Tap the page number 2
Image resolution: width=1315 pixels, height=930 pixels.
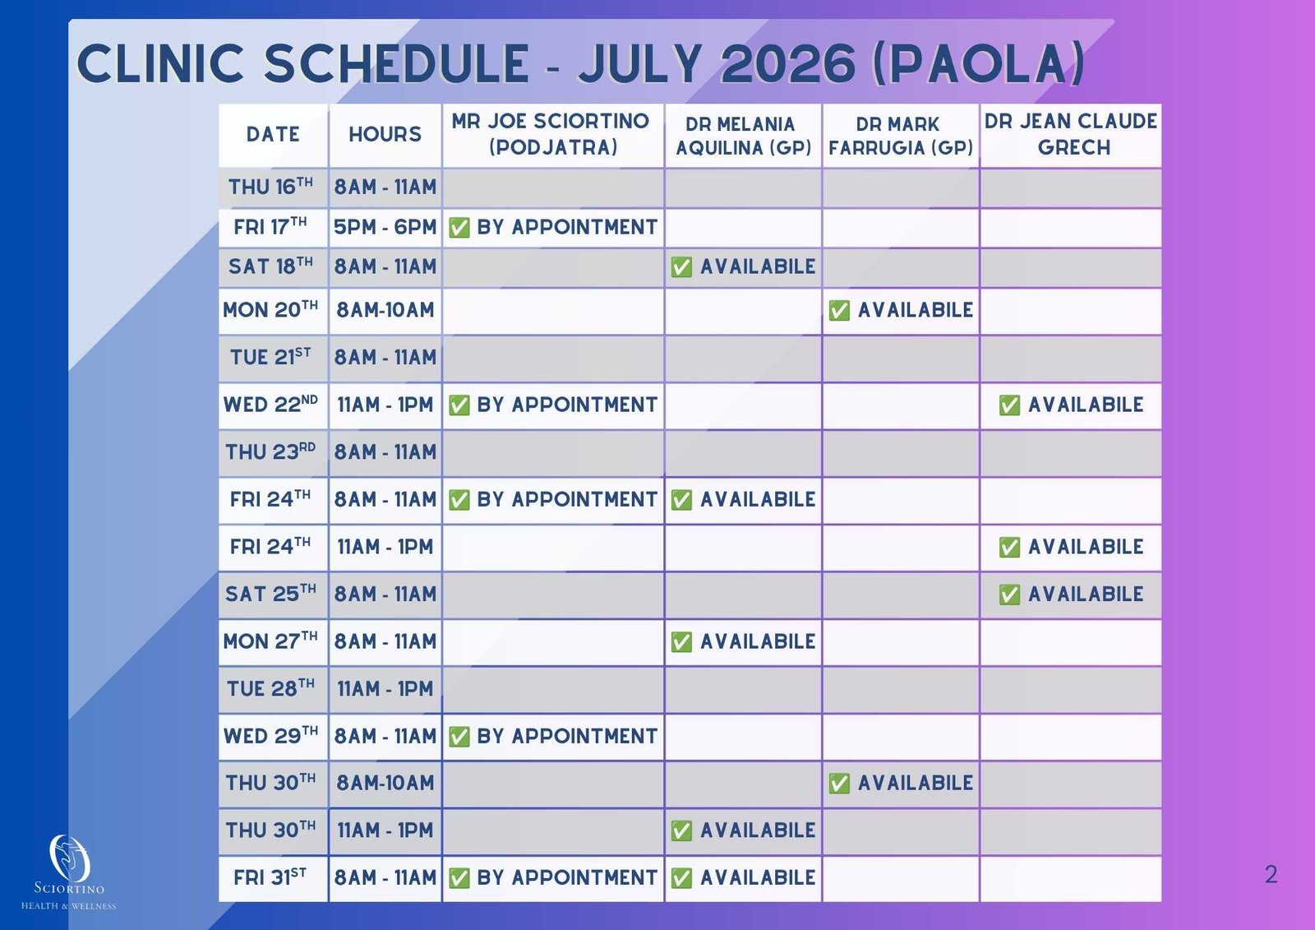[1271, 874]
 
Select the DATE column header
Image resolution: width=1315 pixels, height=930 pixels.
[273, 135]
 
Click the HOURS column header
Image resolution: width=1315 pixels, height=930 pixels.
[385, 135]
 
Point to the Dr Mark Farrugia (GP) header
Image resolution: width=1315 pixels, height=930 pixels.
[901, 136]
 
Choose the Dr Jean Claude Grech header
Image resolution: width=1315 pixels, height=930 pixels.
[1071, 135]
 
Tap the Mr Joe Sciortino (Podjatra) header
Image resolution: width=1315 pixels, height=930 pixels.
[553, 135]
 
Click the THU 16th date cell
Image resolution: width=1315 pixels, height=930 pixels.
[273, 188]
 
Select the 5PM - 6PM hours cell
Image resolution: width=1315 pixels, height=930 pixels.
[385, 227]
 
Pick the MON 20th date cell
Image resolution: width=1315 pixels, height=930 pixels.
[273, 311]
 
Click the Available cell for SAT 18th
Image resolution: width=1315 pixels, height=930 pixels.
[743, 267]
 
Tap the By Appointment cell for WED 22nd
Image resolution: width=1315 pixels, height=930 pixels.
[553, 405]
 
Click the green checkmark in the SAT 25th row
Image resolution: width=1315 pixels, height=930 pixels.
[1009, 595]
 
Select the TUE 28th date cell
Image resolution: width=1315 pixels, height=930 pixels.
[273, 689]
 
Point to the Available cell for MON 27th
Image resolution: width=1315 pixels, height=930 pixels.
[743, 641]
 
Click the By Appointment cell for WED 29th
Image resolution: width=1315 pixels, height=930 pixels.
[553, 737]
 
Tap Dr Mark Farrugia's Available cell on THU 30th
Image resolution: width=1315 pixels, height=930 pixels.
[901, 784]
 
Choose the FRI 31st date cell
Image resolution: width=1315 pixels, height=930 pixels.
[273, 878]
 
